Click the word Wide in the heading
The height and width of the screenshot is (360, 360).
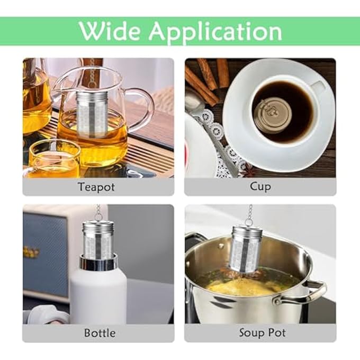[x=110, y=31]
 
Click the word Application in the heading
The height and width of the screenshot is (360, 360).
[x=215, y=32]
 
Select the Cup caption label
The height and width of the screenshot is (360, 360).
[x=260, y=186]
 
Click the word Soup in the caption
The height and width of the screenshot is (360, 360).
[x=249, y=333]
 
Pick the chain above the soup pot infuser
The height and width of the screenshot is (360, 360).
[x=249, y=214]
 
